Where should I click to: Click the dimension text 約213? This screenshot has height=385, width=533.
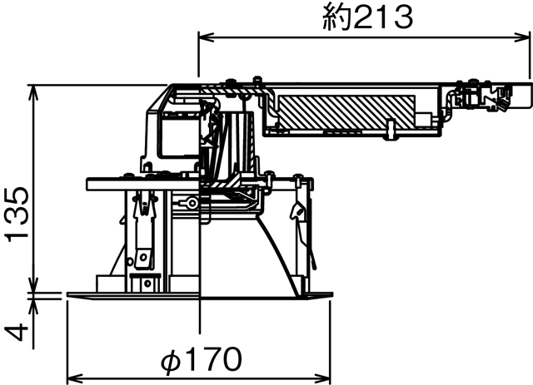[367, 17]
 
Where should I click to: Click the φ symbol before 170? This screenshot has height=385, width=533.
[169, 362]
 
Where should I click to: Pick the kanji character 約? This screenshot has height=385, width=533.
[336, 17]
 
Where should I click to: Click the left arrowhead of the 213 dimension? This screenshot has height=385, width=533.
[204, 37]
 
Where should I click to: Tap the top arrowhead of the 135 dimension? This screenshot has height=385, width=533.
[34, 89]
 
